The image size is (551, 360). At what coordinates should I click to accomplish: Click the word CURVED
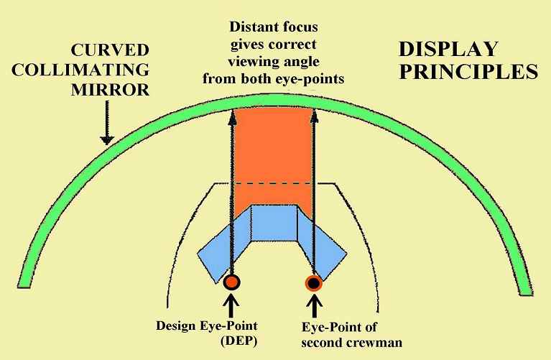[x=110, y=50]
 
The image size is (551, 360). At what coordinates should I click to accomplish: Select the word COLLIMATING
[x=80, y=70]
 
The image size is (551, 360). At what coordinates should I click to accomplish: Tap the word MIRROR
[x=111, y=90]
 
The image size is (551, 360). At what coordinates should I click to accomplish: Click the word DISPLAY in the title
[x=449, y=49]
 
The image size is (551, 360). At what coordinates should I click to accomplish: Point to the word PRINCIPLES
[x=469, y=72]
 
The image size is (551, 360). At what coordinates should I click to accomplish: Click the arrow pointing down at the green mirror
[x=107, y=123]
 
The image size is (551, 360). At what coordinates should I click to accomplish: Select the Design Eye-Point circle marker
[x=231, y=282]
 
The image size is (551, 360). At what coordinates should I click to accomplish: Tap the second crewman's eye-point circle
[x=314, y=282]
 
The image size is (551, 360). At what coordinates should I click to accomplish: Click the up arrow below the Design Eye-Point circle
[x=231, y=305]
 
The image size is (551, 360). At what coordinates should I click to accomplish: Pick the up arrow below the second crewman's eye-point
[x=315, y=307]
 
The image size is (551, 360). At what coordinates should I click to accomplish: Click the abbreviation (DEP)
[x=239, y=341]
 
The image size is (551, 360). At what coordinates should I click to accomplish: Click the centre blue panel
[x=274, y=223]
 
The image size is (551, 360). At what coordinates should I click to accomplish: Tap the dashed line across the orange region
[x=273, y=183]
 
